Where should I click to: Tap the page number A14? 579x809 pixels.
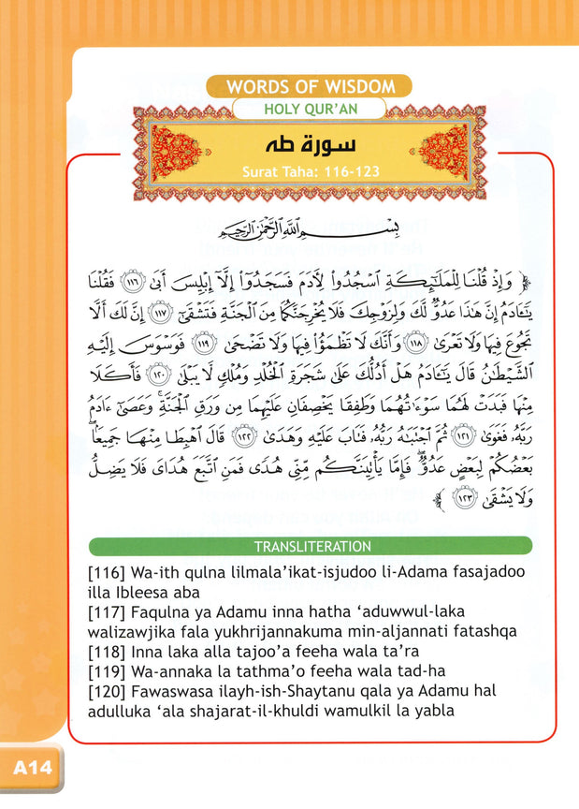pos(32,772)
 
